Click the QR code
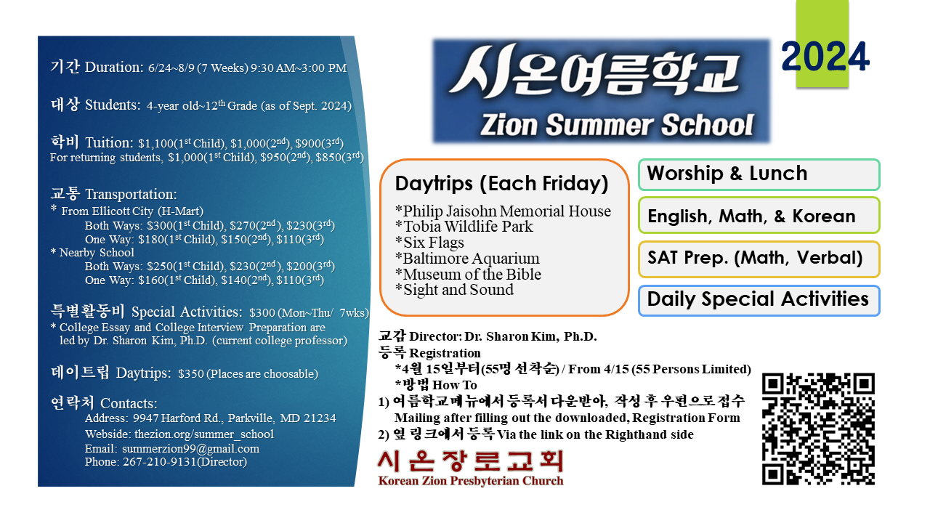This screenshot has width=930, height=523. pyautogui.click(x=818, y=429)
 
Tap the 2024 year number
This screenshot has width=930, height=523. pyautogui.click(x=825, y=57)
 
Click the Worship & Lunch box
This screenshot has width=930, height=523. pyautogui.click(x=759, y=174)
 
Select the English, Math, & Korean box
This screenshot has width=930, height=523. pyautogui.click(x=759, y=216)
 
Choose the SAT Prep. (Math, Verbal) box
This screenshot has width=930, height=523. pyautogui.click(x=759, y=259)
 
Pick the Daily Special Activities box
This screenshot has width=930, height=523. pyautogui.click(x=759, y=301)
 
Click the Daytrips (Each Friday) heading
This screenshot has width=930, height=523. pyautogui.click(x=501, y=184)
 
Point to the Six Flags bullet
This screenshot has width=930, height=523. pyautogui.click(x=429, y=243)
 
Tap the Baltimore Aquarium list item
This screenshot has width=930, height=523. pyautogui.click(x=467, y=258)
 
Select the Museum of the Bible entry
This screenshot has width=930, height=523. pyautogui.click(x=468, y=274)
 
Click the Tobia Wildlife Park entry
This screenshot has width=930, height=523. pyautogui.click(x=464, y=227)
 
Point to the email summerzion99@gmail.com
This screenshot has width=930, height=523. pyautogui.click(x=190, y=449)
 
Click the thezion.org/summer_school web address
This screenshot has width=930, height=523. pyautogui.click(x=204, y=434)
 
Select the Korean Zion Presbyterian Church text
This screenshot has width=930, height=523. pyautogui.click(x=471, y=481)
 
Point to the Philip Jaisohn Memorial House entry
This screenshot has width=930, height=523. pyautogui.click(x=503, y=211)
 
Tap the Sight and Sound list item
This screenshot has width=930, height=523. pyautogui.click(x=454, y=290)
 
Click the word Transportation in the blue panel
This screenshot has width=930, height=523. pyautogui.click(x=131, y=194)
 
